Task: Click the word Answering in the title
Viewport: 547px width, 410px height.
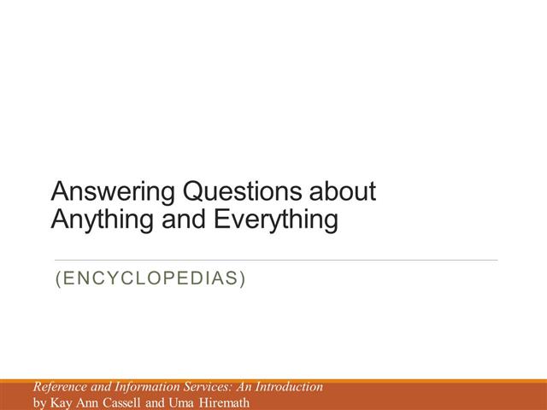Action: tap(113, 192)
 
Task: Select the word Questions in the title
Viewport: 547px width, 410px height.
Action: tap(242, 191)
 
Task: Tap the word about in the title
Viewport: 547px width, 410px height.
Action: tap(343, 191)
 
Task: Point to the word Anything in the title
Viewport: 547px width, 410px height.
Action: tap(103, 220)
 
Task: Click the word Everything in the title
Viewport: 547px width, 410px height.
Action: tap(276, 220)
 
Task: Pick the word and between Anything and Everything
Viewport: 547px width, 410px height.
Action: tap(184, 219)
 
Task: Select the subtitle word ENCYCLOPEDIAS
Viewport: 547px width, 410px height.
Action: tap(150, 278)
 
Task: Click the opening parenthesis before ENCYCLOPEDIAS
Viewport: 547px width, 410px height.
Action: tap(58, 279)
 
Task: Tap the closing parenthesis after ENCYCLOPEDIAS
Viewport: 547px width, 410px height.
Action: tap(243, 279)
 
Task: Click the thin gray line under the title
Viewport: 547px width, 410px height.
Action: tap(276, 260)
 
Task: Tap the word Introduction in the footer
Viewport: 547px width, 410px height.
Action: tap(289, 387)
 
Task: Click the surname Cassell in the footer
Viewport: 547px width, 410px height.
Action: tap(121, 402)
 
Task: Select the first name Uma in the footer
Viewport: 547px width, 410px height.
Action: tap(181, 402)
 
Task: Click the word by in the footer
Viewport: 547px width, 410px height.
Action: tap(40, 403)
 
